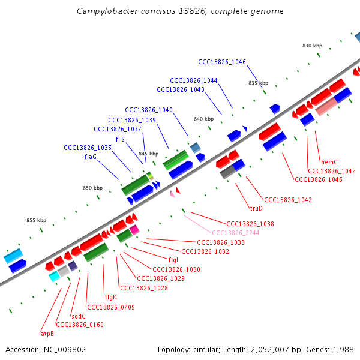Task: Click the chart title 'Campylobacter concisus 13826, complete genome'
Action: coord(180,11)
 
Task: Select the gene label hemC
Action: coord(329,162)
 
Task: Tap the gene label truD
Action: coord(256,208)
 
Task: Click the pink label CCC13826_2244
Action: coord(235,233)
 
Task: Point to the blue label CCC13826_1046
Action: coord(222,62)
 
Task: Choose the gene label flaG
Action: coord(90,157)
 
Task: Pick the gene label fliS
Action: coord(120,139)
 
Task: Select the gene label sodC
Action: coord(79,316)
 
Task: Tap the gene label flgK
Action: coord(110,297)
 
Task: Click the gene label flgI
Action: coord(173,260)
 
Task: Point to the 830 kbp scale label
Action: coord(312,46)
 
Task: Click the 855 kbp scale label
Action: coord(37,220)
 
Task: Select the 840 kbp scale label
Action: coord(203,119)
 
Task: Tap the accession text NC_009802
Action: coord(46,349)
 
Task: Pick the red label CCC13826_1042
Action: coord(288,200)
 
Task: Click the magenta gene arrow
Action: coord(134,229)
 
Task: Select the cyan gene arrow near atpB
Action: coord(54,275)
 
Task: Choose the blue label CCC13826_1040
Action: coord(149,110)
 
